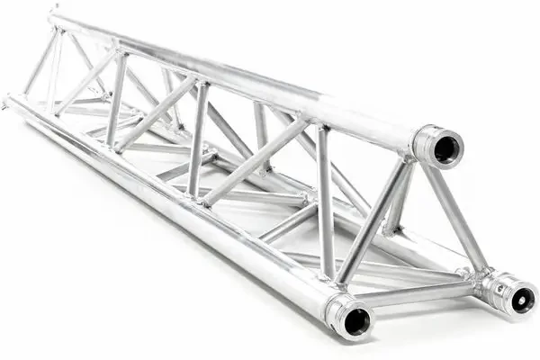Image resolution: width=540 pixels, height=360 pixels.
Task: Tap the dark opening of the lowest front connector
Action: pyautogui.click(x=357, y=319)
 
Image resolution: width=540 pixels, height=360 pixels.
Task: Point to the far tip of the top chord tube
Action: pyautogui.click(x=54, y=14)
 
